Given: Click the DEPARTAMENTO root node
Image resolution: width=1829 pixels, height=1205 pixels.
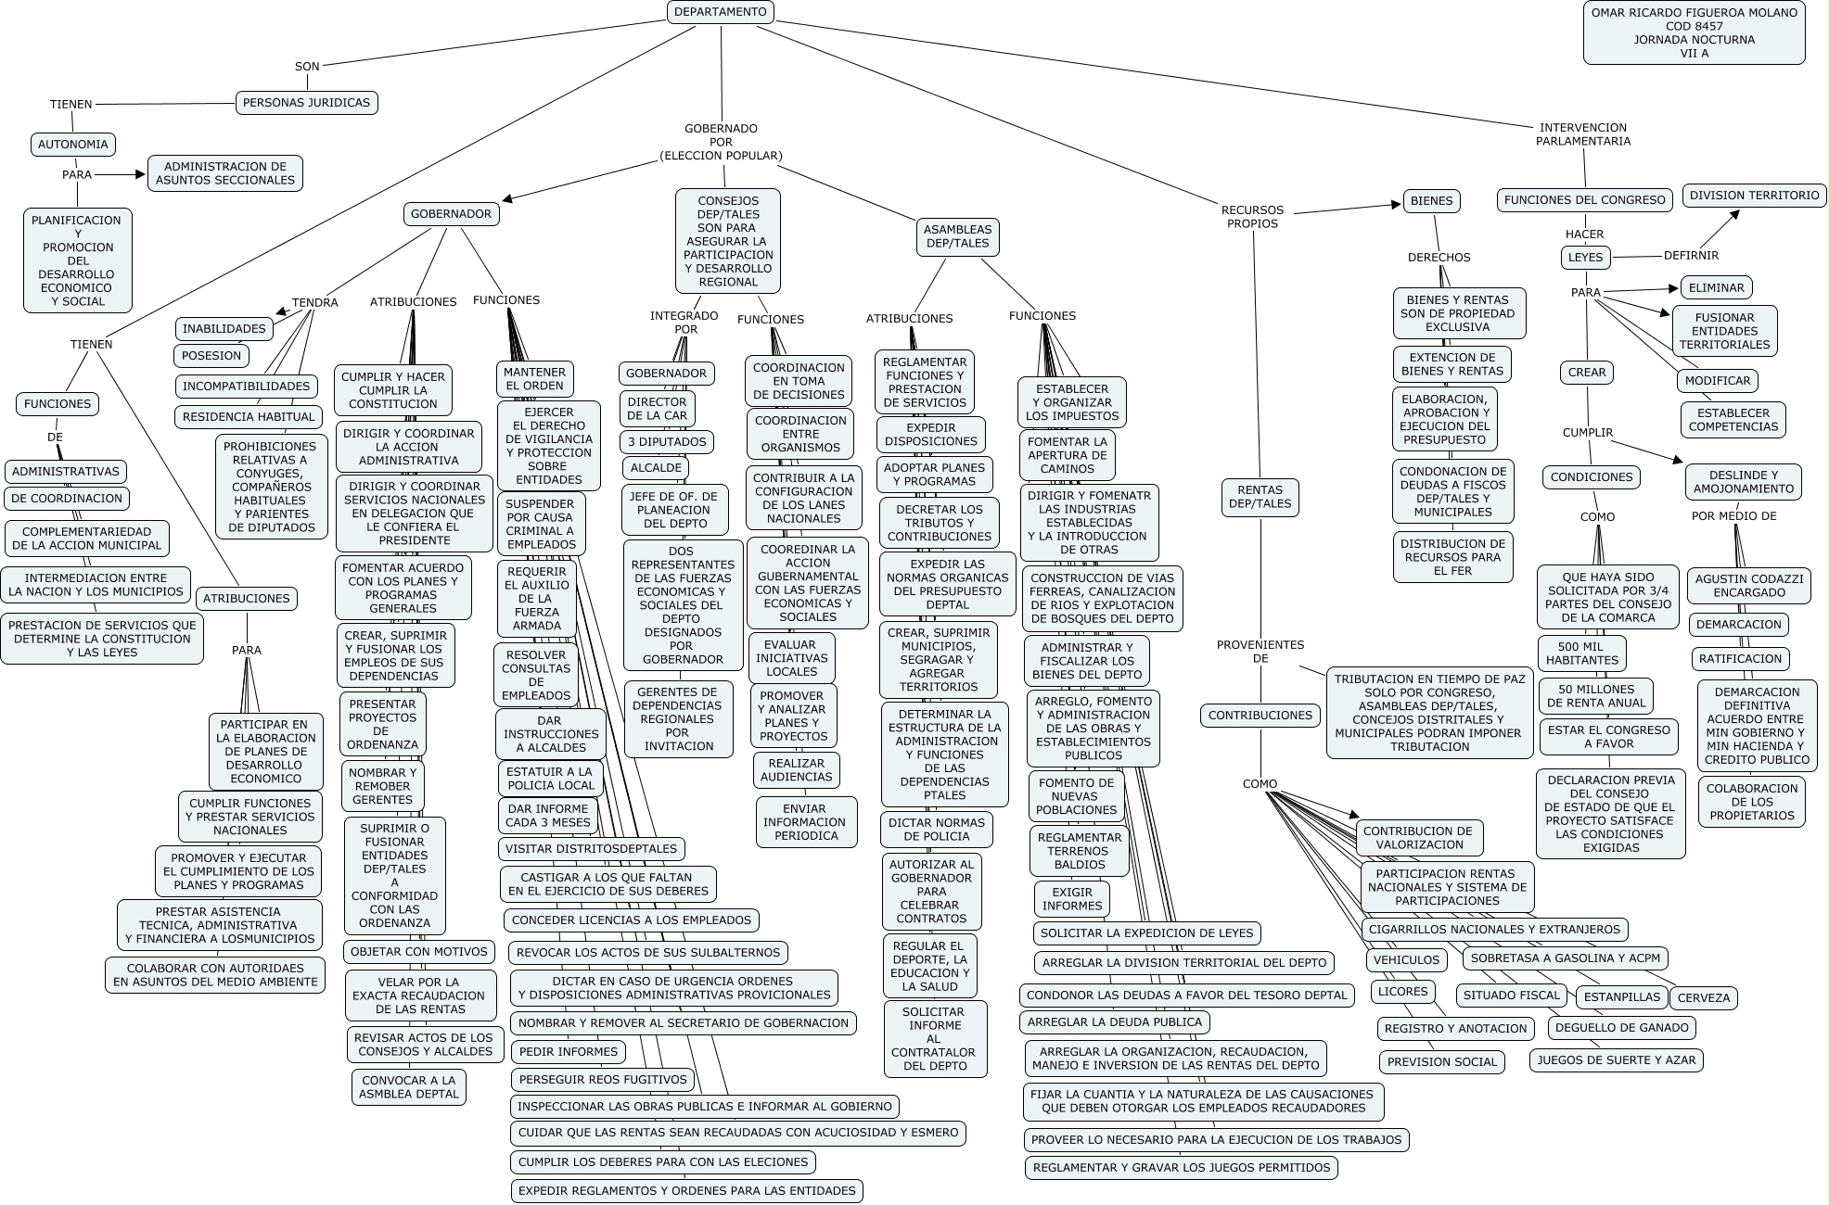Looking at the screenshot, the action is tap(720, 12).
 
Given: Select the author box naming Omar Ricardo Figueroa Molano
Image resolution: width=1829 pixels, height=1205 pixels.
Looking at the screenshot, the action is tap(1694, 33).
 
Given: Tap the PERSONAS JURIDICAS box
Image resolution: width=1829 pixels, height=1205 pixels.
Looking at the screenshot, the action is tap(306, 103).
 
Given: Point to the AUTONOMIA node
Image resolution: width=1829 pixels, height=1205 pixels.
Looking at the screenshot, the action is tap(72, 144).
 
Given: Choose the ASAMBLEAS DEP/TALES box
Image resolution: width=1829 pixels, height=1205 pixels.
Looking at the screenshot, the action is tap(958, 236).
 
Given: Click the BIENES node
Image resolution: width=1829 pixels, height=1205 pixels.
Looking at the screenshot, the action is tap(1432, 200).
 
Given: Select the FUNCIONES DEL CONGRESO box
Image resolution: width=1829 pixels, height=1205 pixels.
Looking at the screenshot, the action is tap(1584, 199).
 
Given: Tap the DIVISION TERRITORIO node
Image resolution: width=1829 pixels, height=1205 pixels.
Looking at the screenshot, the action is tap(1754, 196).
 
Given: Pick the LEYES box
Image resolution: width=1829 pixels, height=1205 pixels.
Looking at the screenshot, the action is tap(1585, 257).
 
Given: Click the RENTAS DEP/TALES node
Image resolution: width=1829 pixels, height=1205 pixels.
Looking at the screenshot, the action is tap(1260, 497).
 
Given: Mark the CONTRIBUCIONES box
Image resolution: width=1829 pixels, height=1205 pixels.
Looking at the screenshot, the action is tap(1260, 715).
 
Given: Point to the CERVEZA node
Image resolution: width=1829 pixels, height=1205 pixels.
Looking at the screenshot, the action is tap(1704, 997).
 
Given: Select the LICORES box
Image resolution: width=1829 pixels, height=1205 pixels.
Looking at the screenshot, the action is tap(1402, 991).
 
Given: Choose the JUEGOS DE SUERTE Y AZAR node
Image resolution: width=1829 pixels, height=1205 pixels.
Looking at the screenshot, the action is tap(1616, 1059).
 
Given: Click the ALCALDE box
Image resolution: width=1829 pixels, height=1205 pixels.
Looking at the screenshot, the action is tap(656, 468).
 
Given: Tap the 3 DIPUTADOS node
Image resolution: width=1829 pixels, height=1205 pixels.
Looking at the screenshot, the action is tap(666, 441).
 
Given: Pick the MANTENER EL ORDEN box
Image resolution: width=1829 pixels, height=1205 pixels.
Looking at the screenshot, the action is tap(534, 378).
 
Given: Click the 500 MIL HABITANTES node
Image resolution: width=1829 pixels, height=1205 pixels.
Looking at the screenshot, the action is tap(1581, 653).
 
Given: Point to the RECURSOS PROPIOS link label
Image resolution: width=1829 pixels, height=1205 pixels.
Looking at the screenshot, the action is tap(1252, 217).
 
